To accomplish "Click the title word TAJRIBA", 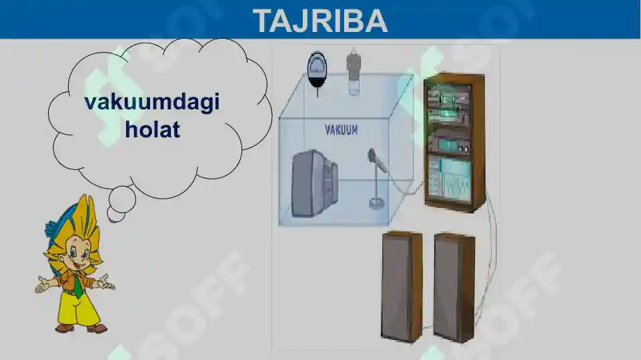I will tap(320, 21).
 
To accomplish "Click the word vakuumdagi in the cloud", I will tap(152, 103).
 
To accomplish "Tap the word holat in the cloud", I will tap(152, 129).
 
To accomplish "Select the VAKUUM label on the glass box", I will tap(341, 129).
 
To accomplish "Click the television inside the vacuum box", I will tap(314, 183).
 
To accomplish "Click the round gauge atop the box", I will tap(317, 67).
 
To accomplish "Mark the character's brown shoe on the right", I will tap(97, 328).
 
